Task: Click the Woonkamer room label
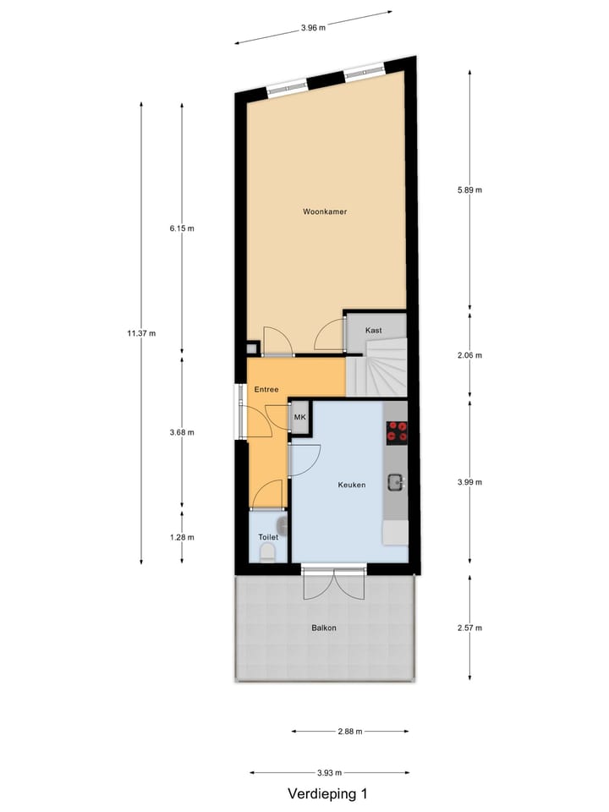point(326,211)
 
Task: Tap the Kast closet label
point(373,330)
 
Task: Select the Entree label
point(266,389)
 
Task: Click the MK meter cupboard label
point(299,417)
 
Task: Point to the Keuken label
point(351,485)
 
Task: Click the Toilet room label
point(267,536)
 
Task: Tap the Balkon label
point(324,628)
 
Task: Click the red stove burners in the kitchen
point(396,431)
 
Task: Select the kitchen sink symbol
point(396,483)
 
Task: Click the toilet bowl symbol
point(267,552)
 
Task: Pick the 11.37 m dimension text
point(141,333)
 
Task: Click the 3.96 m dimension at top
point(313,27)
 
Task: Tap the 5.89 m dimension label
point(469,189)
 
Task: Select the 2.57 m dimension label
point(469,628)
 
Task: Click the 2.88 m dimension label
point(349,732)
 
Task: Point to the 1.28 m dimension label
point(182,537)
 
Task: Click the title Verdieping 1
point(327,793)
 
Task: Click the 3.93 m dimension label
point(330,772)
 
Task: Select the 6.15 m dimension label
point(182,228)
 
